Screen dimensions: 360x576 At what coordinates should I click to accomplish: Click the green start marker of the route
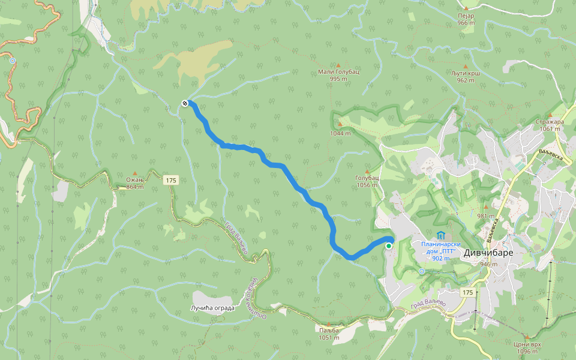[389, 246]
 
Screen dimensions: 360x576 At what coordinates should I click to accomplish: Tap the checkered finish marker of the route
[185, 103]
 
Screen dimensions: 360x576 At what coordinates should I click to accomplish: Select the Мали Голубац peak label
[338, 71]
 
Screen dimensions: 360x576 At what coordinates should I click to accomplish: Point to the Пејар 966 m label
[466, 19]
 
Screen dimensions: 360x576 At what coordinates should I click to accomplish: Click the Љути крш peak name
[466, 73]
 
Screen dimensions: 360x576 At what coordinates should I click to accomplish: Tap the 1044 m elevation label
[340, 133]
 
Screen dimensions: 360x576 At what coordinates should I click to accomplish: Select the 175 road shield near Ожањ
[171, 179]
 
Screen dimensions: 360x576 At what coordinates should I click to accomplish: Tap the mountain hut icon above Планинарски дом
[441, 235]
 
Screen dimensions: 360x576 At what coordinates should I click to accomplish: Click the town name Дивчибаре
[488, 253]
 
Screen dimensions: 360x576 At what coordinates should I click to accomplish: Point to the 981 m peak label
[485, 216]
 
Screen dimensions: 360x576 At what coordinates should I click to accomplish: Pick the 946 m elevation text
[489, 264]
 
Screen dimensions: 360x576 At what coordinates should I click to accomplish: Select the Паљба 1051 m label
[329, 334]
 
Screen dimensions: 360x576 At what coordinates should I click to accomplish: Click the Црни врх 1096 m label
[526, 348]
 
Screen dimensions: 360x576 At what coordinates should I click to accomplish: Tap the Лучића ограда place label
[212, 308]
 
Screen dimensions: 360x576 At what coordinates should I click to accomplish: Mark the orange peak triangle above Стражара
[550, 114]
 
